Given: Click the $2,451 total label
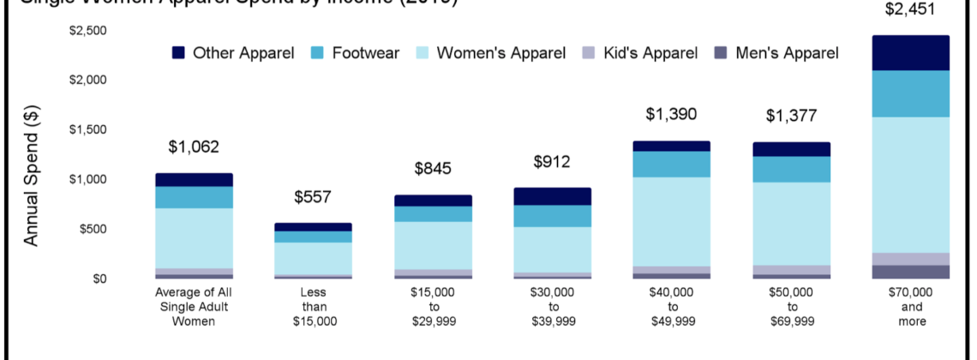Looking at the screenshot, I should (912, 10).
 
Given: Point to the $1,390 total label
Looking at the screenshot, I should (671, 115).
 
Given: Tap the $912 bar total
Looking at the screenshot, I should (552, 162).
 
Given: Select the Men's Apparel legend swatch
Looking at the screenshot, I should (720, 53).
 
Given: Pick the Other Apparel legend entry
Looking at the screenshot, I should (232, 53).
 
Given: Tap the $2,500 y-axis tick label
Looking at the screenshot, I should (87, 31).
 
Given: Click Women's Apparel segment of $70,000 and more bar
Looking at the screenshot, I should (912, 184).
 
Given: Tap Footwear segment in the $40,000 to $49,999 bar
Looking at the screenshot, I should (672, 164).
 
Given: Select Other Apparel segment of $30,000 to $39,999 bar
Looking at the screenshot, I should (552, 196).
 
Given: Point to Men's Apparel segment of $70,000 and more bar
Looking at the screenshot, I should (912, 272).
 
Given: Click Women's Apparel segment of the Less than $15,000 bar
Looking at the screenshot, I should (313, 258).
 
